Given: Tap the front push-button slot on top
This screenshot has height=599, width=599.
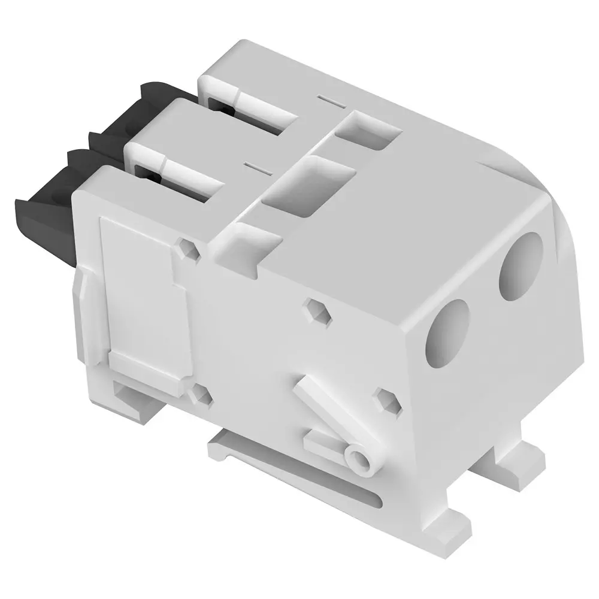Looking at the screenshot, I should [x=180, y=174].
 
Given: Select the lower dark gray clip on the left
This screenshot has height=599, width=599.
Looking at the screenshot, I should [x=45, y=204].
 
